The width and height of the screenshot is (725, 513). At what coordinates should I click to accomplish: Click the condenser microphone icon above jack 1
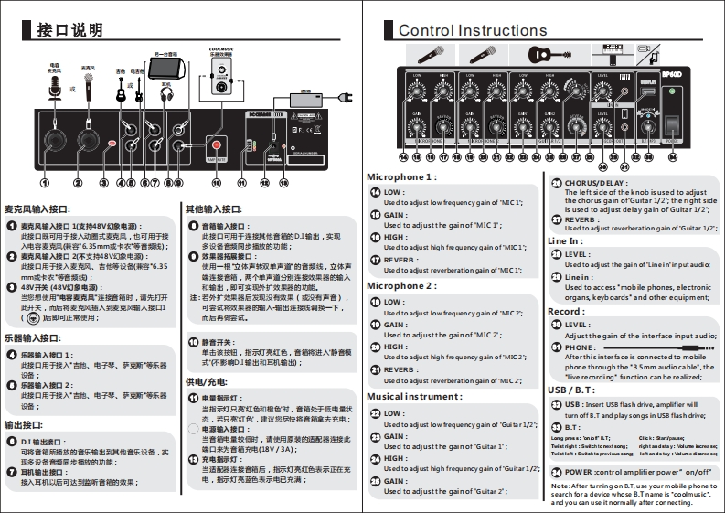(54, 89)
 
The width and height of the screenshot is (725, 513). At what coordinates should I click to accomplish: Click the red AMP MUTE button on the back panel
(217, 144)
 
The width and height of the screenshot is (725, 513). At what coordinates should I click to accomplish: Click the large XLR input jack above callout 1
(54, 141)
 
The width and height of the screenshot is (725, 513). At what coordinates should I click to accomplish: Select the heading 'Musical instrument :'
(414, 397)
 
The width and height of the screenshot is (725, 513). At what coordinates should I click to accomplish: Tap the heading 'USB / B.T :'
(570, 390)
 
